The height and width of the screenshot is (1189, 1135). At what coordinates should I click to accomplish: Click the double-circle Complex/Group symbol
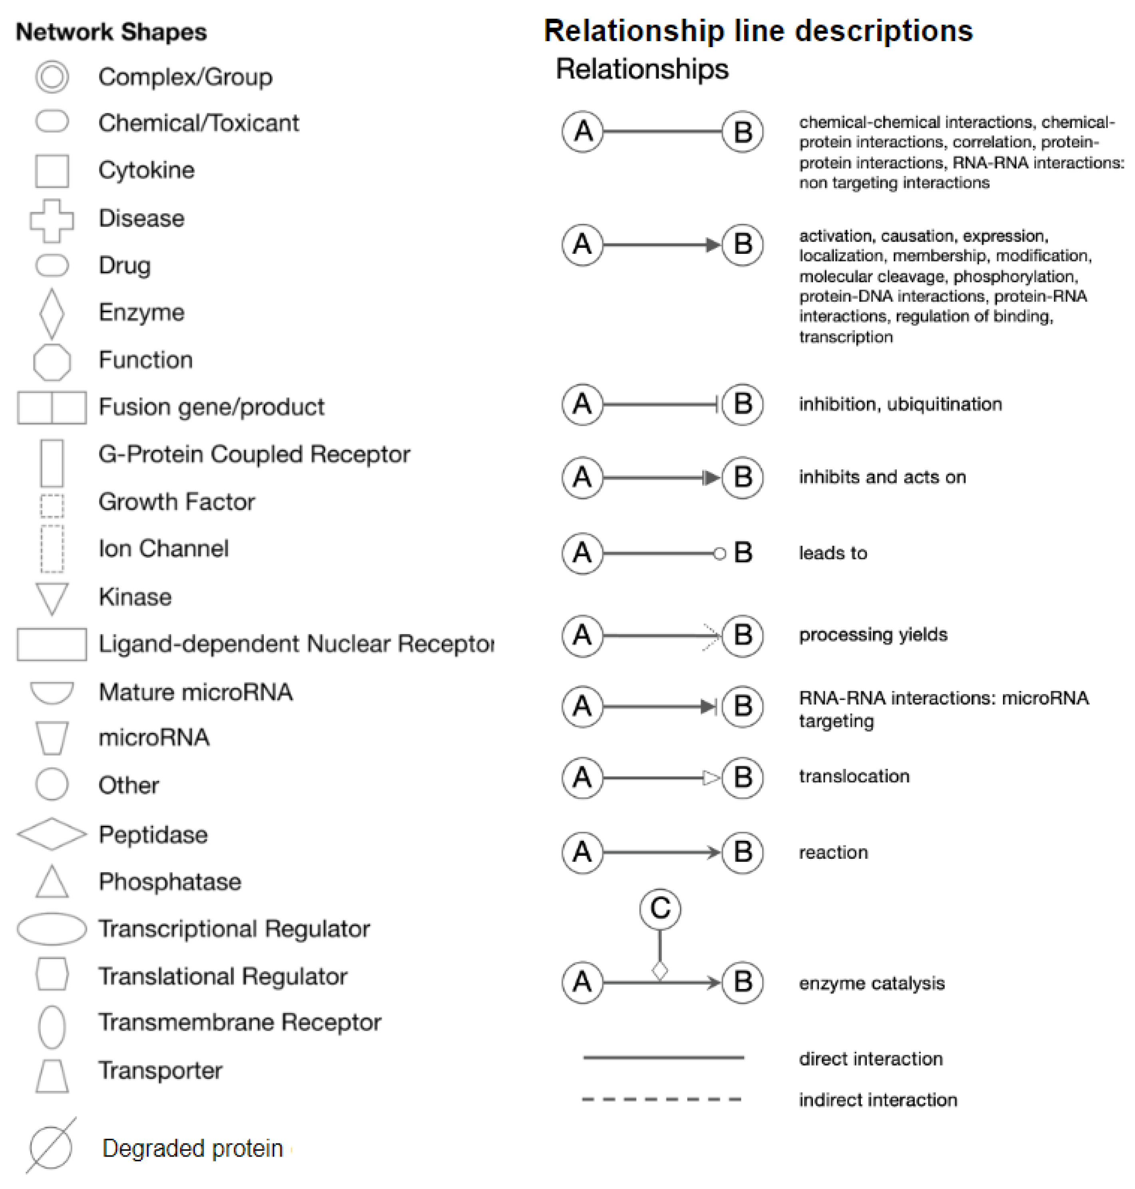pos(52,77)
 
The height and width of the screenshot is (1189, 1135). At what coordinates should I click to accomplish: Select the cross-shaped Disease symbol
pos(52,220)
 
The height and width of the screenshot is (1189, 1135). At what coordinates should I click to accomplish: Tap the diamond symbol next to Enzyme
pos(52,313)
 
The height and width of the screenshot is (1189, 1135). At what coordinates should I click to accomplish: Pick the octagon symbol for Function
pos(52,362)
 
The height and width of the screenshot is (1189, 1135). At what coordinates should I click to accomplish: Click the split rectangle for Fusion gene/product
pos(52,407)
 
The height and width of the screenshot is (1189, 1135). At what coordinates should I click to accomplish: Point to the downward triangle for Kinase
pos(52,598)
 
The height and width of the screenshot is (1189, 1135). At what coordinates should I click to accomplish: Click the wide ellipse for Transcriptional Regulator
pos(52,929)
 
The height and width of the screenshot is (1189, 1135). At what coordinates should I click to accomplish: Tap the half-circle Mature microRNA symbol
pos(52,692)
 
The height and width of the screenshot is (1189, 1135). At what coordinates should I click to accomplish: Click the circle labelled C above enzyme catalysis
pos(660,908)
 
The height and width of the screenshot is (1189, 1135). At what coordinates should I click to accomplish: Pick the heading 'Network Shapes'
pos(112,32)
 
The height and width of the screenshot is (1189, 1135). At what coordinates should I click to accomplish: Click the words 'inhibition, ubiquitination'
pos(900,404)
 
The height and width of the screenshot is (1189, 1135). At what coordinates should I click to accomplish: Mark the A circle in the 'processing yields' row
pos(583,635)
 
